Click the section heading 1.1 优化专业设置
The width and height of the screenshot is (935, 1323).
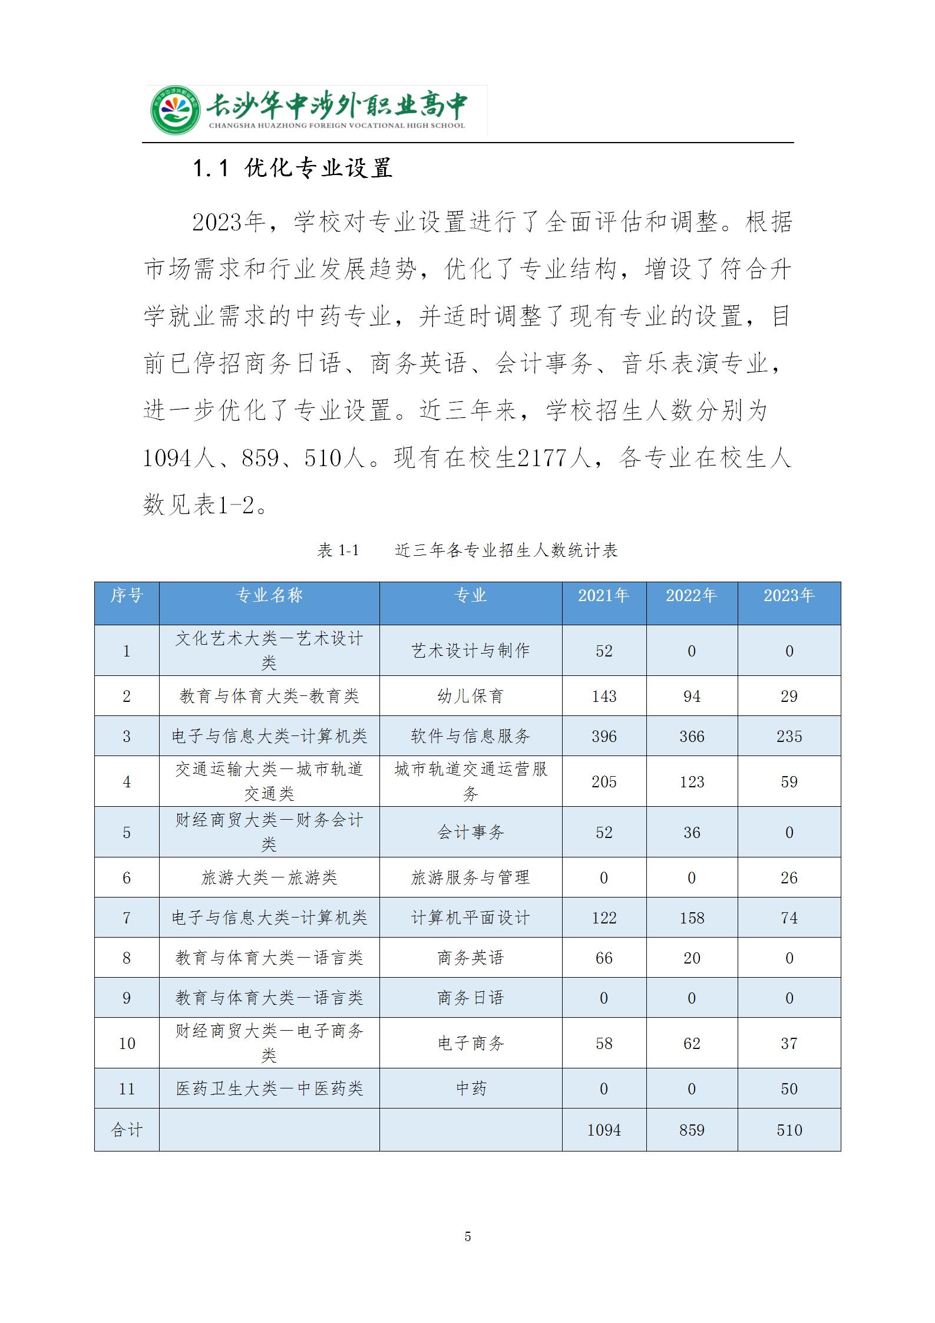click(293, 169)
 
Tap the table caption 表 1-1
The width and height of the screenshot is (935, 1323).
click(338, 550)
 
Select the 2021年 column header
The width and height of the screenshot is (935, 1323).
click(603, 596)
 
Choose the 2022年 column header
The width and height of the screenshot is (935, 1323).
click(691, 596)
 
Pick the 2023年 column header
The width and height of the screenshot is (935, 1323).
click(789, 596)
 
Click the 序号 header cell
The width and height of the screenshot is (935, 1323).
click(127, 596)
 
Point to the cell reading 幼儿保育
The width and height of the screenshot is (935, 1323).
click(470, 696)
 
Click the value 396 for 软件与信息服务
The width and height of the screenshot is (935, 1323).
click(604, 736)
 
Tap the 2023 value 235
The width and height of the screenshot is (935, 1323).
click(789, 736)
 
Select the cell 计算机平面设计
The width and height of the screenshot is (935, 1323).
click(470, 918)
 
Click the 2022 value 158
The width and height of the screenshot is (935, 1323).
click(692, 918)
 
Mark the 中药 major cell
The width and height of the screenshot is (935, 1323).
click(470, 1088)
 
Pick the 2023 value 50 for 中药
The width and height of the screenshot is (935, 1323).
click(789, 1088)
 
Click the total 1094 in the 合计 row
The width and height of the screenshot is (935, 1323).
click(604, 1130)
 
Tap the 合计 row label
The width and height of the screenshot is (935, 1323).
click(127, 1130)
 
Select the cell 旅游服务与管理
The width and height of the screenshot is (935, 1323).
click(470, 877)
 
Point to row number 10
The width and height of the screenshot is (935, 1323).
click(127, 1043)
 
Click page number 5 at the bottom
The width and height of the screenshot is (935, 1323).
click(468, 1236)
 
